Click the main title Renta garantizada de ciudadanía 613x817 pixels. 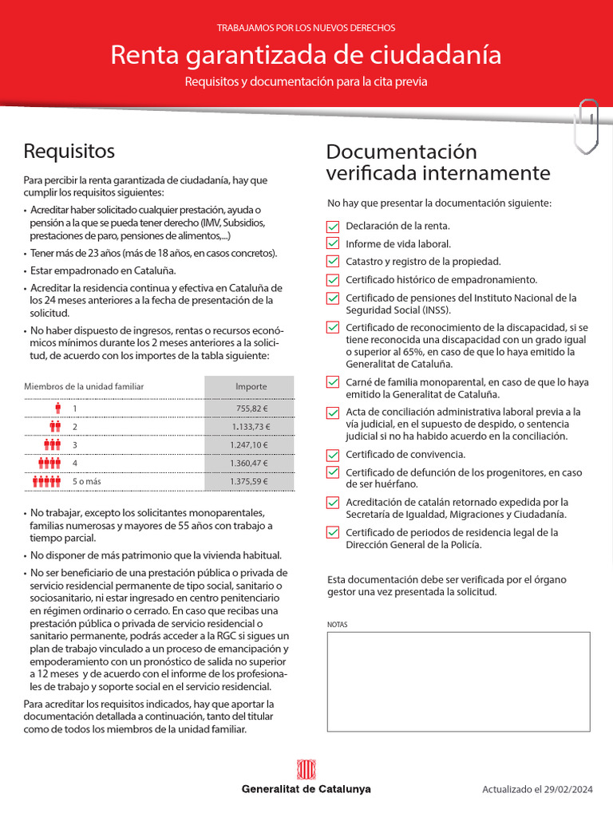pos(306,55)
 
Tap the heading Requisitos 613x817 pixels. pos(69,151)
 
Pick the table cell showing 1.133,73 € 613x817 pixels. pos(251,428)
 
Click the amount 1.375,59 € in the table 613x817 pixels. pos(251,481)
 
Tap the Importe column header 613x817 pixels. pos(251,386)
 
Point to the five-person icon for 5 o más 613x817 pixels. pos(46,481)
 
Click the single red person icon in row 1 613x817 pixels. pos(57,409)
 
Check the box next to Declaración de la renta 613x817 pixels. pos(333,227)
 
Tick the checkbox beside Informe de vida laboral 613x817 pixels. pos(333,244)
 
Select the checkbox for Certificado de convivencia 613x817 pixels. pos(333,455)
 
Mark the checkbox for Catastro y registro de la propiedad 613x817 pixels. pos(333,262)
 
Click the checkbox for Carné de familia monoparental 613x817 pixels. pos(333,382)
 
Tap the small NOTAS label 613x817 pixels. pos(338,624)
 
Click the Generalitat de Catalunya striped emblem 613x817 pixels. pos(306,770)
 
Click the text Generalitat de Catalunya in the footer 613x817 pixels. pos(306,789)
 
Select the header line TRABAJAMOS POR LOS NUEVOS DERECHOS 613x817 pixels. pos(306,28)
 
